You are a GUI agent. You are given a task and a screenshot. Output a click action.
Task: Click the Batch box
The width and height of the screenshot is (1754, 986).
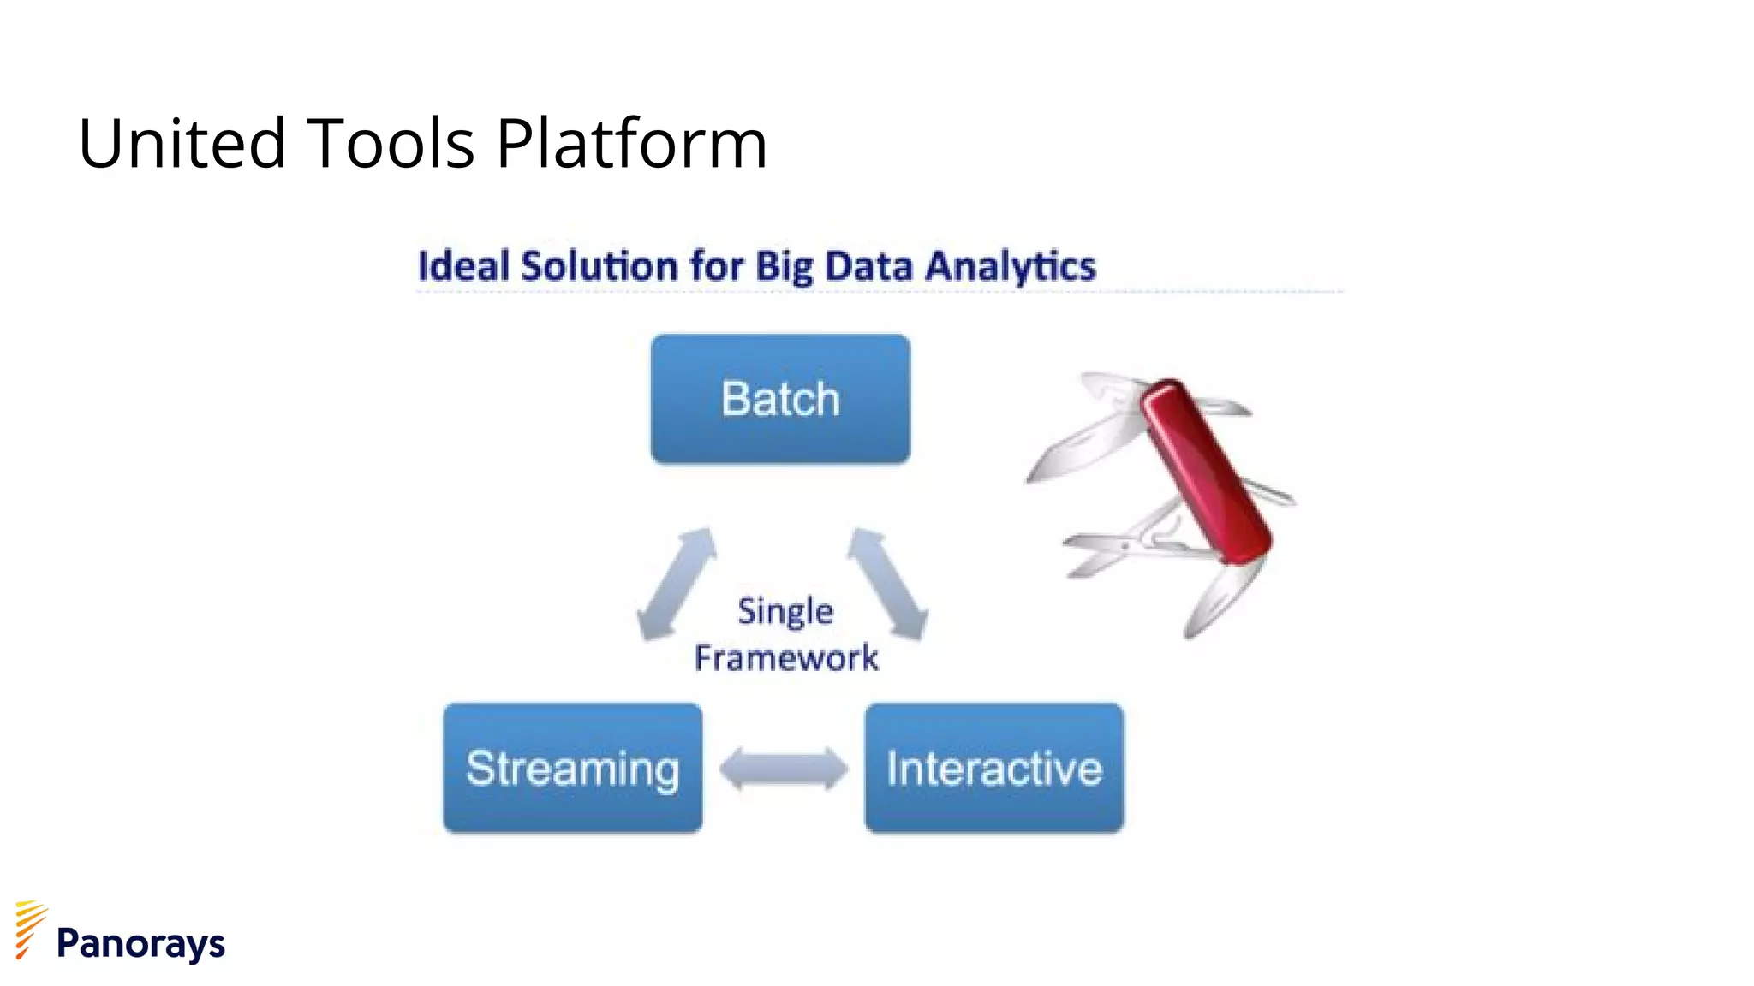coord(780,399)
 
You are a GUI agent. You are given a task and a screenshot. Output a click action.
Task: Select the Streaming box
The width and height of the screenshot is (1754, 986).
coord(572,768)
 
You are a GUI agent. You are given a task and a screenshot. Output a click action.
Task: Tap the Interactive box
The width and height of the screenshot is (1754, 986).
coord(993,768)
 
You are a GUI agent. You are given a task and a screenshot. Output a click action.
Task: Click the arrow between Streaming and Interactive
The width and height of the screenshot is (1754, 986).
coord(784,768)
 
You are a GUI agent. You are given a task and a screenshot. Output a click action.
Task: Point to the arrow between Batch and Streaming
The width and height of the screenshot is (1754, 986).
coord(677,584)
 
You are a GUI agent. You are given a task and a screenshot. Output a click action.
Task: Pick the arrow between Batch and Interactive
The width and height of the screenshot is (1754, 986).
coord(888,584)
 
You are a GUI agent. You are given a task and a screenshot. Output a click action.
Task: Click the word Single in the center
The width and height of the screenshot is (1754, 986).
coord(785,611)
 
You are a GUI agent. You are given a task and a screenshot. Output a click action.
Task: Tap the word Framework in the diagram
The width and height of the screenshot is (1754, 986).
coord(786,658)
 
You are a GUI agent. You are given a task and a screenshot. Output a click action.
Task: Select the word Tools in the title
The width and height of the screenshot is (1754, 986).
coord(390,143)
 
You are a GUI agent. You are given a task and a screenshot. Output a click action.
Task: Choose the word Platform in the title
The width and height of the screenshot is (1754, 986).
coord(631,143)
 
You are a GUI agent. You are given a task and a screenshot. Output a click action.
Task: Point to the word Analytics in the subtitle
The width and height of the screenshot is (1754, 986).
coord(1011,266)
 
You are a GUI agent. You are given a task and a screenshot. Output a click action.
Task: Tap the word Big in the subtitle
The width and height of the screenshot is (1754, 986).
coord(785,266)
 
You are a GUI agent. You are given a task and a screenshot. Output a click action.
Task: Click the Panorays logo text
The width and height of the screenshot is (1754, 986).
coord(140,943)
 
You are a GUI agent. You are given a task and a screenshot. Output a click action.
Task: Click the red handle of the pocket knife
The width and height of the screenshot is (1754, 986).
coord(1208,471)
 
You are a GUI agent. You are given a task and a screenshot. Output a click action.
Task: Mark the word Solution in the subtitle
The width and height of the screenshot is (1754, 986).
coord(600,266)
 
